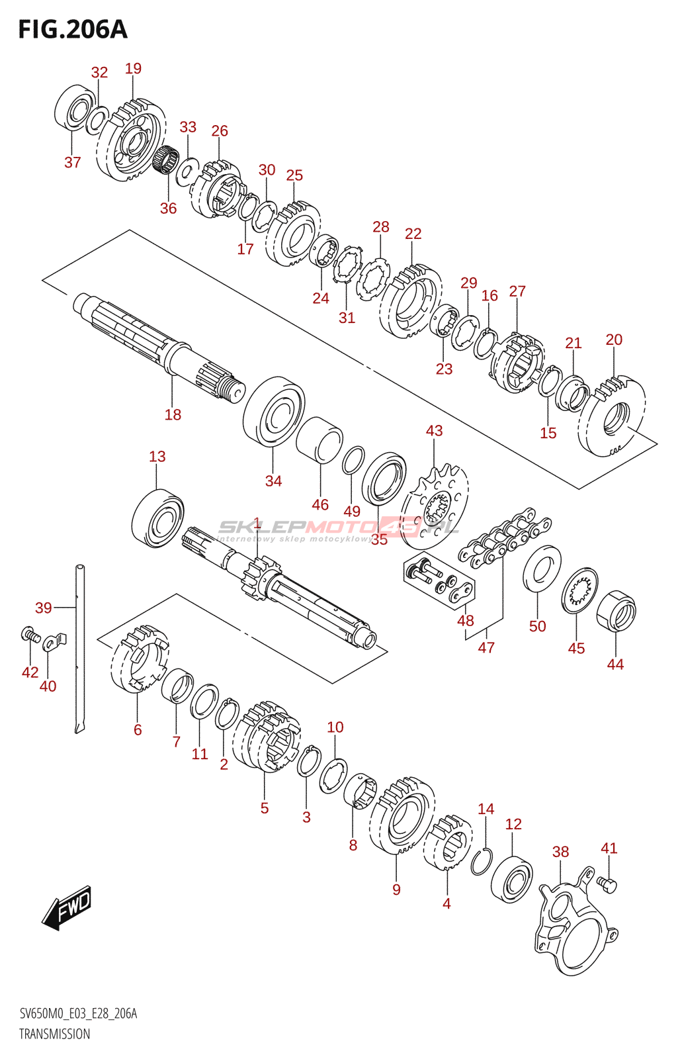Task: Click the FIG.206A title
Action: point(73,30)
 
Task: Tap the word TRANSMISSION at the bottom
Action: point(54,1034)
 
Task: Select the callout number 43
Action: point(434,431)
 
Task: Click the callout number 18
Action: point(173,415)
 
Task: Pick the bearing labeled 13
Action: point(157,518)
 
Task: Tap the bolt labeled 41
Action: point(607,883)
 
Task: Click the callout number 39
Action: point(44,608)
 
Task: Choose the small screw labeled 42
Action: point(28,635)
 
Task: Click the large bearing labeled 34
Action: point(273,411)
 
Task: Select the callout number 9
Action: point(396,890)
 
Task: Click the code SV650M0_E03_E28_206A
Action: point(78,1013)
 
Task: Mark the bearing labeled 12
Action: point(512,880)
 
